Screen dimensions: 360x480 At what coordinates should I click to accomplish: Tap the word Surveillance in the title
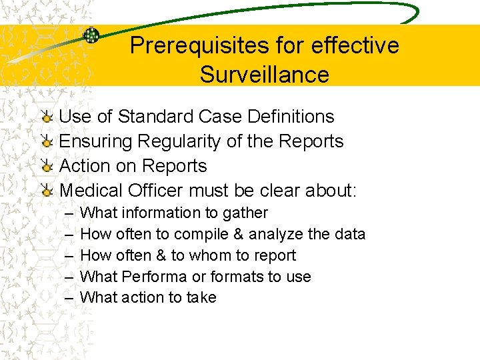coord(264,74)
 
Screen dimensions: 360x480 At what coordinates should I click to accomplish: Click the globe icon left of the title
coord(91,35)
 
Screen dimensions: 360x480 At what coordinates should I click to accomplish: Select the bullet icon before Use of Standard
coord(46,117)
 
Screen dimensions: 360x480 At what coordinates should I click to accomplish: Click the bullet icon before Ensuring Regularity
coord(46,142)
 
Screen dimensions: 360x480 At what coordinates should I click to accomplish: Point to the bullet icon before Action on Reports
coord(46,167)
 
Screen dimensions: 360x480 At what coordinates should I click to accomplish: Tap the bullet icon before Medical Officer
coord(46,191)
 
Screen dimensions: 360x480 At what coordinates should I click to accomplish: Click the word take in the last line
coord(201,297)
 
